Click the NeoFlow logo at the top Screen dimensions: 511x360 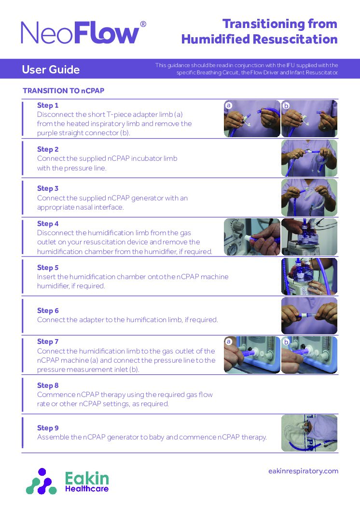tap(80, 33)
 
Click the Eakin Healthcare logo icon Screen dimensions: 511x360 tap(42, 481)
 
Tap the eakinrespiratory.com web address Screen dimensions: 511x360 tap(303, 471)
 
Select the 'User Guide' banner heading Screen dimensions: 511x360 tap(51, 70)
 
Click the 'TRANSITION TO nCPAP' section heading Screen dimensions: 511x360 tap(64, 91)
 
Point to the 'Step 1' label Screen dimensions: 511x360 tap(48, 105)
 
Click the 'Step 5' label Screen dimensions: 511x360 tap(48, 268)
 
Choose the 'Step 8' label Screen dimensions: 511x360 tap(48, 385)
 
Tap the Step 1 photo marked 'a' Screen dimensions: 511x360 tap(252, 119)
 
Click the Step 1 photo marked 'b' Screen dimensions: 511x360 tap(309, 119)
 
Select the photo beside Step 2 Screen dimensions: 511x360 tap(309, 158)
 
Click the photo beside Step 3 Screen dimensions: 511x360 tap(309, 197)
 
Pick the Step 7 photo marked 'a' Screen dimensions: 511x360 tap(252, 355)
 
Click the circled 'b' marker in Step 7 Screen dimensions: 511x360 tap(286, 342)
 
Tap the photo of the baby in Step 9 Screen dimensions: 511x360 tap(309, 433)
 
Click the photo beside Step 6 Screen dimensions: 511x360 tap(309, 315)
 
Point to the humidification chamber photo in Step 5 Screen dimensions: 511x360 tap(309, 276)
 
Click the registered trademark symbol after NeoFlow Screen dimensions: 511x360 tap(143, 24)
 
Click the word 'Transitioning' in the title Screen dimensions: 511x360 tap(258, 24)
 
